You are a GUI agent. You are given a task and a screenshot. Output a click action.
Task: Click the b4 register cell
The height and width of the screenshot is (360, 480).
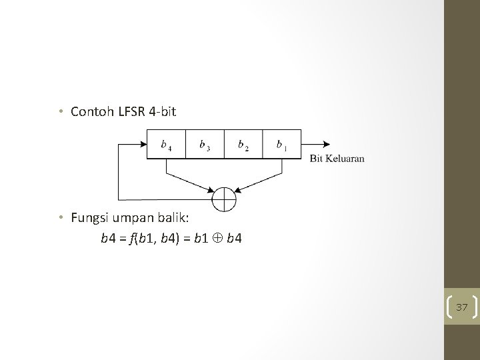(x=166, y=144)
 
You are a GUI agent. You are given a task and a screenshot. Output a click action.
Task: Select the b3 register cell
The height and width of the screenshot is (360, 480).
(x=205, y=144)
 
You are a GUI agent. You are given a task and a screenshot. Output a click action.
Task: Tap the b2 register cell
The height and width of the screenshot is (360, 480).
(x=243, y=144)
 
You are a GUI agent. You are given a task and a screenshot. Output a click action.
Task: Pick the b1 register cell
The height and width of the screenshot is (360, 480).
(x=281, y=144)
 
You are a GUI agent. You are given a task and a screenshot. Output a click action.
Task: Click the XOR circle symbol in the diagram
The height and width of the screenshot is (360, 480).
(x=223, y=199)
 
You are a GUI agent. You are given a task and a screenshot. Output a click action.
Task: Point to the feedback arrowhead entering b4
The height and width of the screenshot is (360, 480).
(x=142, y=144)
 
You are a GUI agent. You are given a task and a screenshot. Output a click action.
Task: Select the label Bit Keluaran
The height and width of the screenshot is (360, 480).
(x=337, y=159)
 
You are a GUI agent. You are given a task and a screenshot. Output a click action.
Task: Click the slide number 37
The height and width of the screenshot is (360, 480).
(x=462, y=307)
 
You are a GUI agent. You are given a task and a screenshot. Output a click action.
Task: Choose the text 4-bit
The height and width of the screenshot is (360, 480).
(x=162, y=111)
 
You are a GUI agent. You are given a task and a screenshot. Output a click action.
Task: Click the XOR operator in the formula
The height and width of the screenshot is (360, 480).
(x=217, y=237)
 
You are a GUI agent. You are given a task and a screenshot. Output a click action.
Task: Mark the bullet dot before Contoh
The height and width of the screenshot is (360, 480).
(x=60, y=111)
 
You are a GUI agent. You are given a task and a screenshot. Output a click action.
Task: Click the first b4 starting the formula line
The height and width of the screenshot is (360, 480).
(x=107, y=237)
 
